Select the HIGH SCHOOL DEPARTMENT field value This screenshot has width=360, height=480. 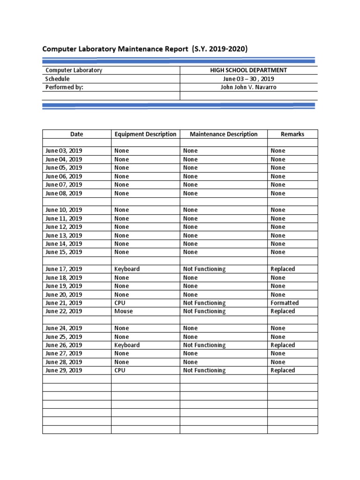[x=248, y=70]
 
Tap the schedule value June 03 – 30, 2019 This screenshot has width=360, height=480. [x=248, y=79]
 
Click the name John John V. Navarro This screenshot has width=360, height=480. [x=248, y=87]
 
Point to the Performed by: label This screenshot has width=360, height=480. [x=64, y=87]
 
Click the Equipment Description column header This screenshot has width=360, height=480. [x=145, y=134]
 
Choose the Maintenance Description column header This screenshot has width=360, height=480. [x=224, y=134]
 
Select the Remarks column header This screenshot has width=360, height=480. [x=292, y=134]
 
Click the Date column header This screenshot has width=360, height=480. [x=76, y=134]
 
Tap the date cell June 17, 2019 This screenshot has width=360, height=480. [x=64, y=269]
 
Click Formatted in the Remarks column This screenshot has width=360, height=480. [x=285, y=303]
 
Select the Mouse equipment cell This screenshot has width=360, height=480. [x=123, y=311]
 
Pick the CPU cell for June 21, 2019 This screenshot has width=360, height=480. [x=120, y=303]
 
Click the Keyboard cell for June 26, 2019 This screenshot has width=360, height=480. [x=127, y=345]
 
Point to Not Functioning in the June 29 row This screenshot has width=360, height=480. [x=204, y=370]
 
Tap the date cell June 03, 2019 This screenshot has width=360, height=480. [x=64, y=151]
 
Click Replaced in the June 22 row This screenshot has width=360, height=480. [x=283, y=311]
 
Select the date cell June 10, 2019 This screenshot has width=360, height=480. [x=64, y=210]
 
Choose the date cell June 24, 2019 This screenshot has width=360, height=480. [x=64, y=328]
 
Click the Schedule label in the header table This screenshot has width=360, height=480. [x=57, y=79]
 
